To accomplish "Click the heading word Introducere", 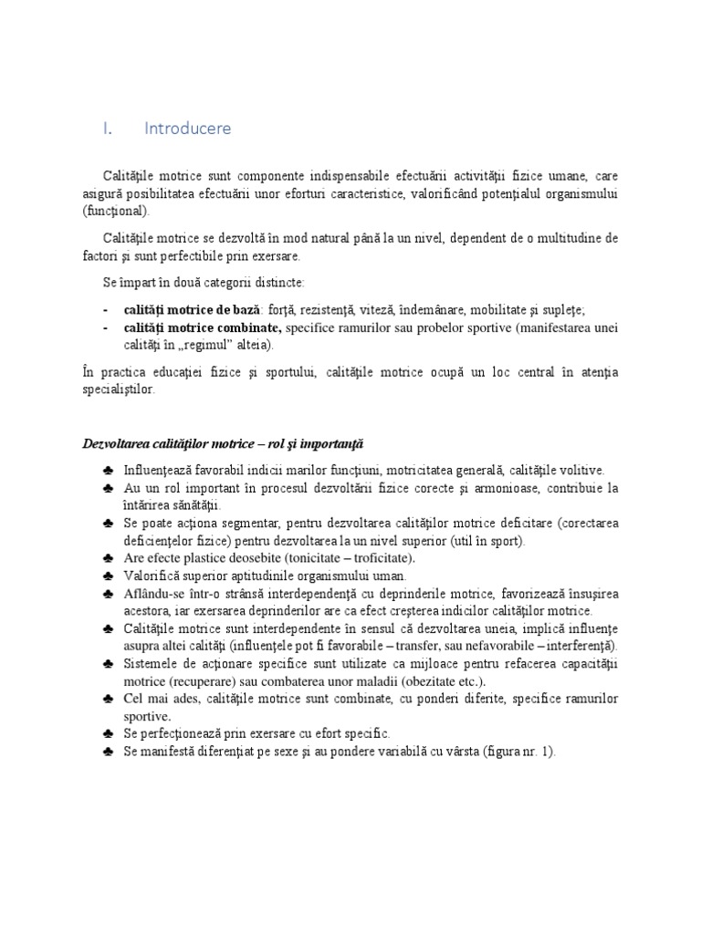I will click(x=187, y=129).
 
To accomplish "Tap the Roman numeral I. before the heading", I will click(x=107, y=129).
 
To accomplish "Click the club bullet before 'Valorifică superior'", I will click(x=109, y=576).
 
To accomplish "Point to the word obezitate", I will click(x=418, y=681).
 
